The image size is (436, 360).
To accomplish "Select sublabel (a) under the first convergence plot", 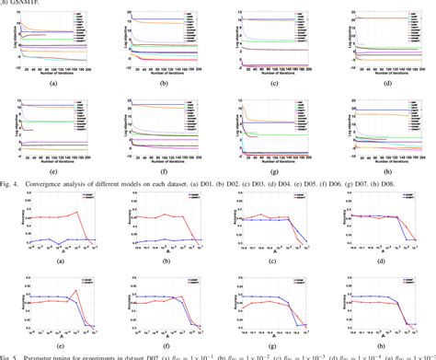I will [55, 83].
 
